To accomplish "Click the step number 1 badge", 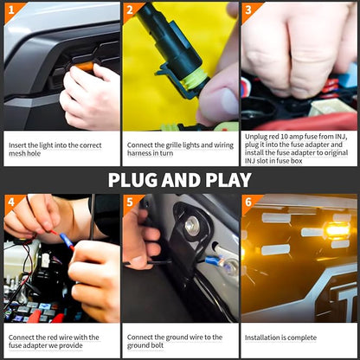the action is coord(11,10).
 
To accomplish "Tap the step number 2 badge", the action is coord(130,10).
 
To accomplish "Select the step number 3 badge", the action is coord(248,10).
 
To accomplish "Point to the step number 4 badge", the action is coord(11,202).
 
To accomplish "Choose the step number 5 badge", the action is coord(130,202).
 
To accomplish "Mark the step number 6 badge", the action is coord(248,202).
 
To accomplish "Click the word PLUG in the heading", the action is coord(133,180).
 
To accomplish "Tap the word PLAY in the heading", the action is coord(228,180).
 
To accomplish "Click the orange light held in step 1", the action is coord(85,67).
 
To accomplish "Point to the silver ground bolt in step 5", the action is coord(192,224).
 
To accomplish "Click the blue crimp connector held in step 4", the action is coord(67,241).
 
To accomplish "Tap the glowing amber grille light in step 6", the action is coord(337,231).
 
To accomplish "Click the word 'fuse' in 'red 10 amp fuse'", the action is coord(312,137).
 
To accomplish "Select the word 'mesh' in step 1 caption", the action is coord(17,153).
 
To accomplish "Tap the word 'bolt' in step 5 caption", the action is coord(157,345).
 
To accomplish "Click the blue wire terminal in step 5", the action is coord(214,260).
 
